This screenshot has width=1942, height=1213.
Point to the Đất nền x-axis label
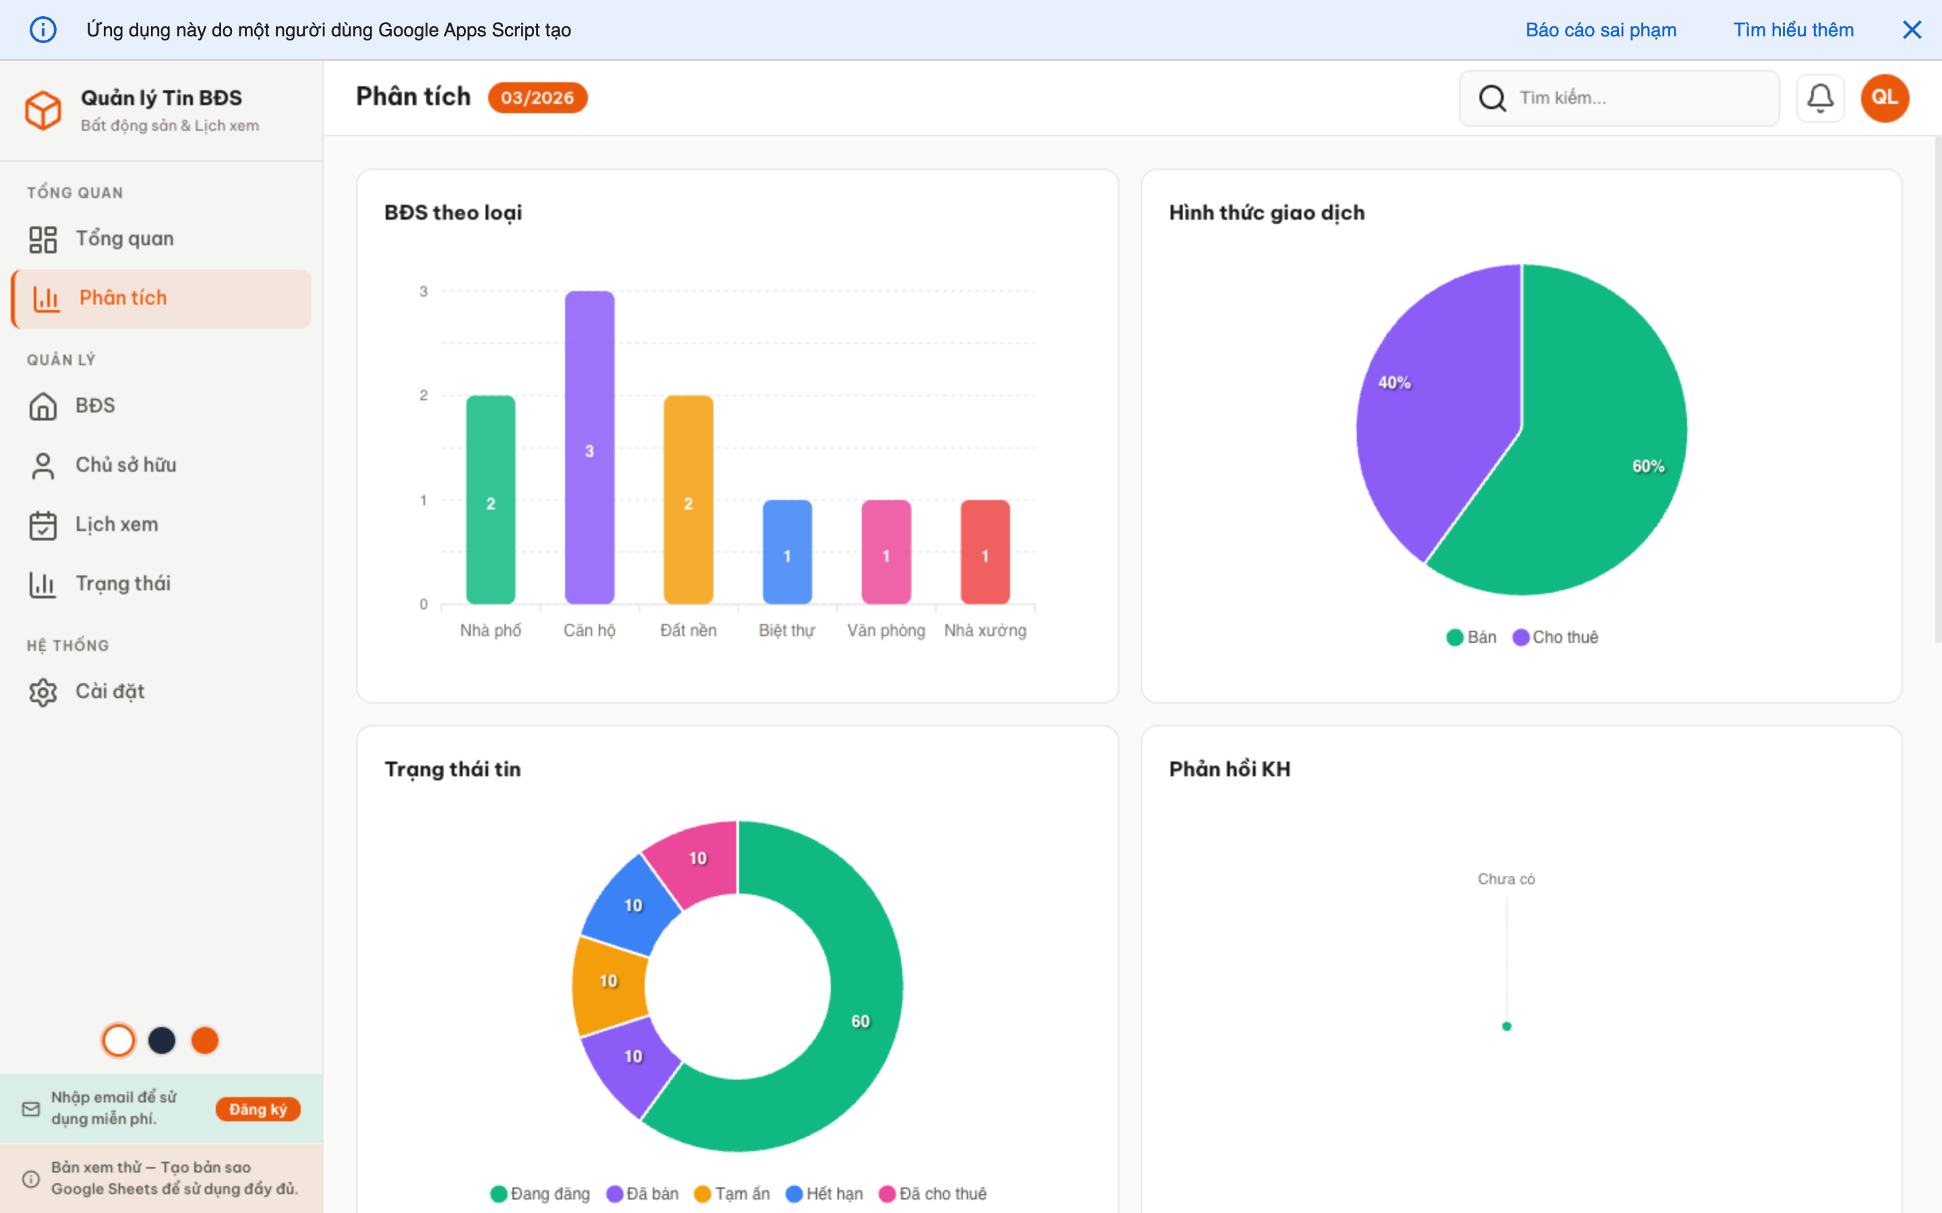[x=688, y=631]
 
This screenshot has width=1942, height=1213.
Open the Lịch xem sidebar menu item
[x=117, y=525]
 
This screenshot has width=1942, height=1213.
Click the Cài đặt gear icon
[x=43, y=691]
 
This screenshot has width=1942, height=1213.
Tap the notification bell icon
[x=1819, y=98]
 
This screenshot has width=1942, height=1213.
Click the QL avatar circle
[x=1884, y=98]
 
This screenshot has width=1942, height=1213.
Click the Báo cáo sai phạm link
[x=1600, y=30]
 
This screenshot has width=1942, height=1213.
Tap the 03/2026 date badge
[x=537, y=98]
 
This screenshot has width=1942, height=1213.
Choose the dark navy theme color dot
[x=161, y=1040]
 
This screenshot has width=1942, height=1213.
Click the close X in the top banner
[x=1912, y=30]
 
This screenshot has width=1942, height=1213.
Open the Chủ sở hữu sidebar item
[x=125, y=465]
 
